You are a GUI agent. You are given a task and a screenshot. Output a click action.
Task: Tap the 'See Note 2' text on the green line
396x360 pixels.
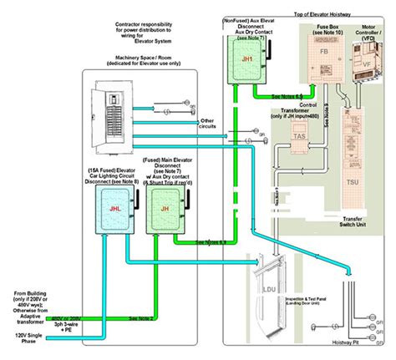coord(143,318)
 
